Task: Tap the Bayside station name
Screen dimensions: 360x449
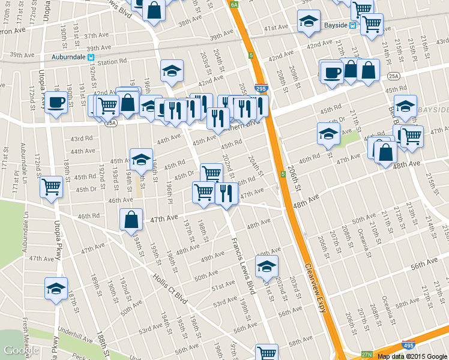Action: [336, 25]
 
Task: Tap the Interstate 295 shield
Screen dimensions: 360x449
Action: [261, 88]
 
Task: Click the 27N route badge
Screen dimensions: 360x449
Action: [367, 355]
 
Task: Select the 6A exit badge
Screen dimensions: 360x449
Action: [235, 5]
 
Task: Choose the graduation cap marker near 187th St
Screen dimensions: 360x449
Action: [56, 289]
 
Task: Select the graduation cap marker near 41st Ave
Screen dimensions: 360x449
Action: [309, 21]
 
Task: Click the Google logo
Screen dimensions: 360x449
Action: [20, 350]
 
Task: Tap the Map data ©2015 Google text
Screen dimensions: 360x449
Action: [412, 356]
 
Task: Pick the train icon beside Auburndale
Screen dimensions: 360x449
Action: [91, 58]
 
